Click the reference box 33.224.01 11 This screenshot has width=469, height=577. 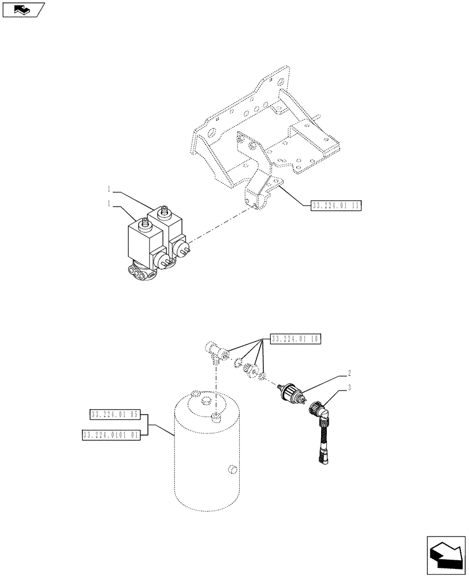336,205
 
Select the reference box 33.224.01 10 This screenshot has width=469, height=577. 295,339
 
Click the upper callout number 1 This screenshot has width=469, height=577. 109,188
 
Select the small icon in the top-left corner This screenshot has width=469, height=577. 23,10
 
